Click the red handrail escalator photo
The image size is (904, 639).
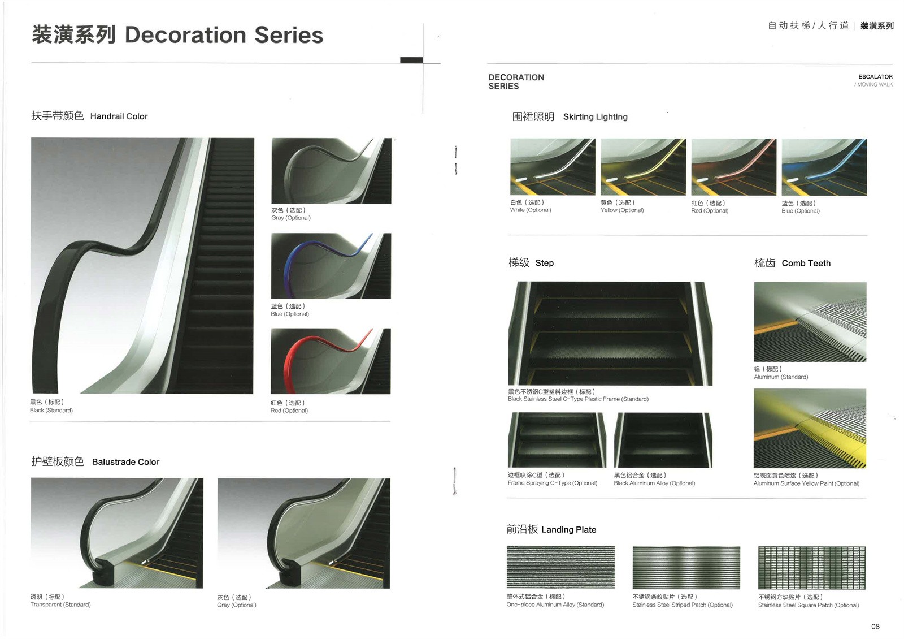point(331,361)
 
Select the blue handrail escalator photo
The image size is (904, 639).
point(331,266)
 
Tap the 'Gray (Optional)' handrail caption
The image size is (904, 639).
point(290,218)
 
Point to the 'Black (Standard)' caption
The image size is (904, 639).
point(51,411)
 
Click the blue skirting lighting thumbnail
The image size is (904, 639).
point(824,167)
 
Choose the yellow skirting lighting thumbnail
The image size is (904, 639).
point(644,167)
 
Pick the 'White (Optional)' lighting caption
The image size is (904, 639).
point(531,210)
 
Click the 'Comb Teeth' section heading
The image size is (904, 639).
point(806,264)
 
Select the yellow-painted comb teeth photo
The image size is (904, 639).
point(810,428)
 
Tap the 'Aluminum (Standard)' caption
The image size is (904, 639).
point(781,377)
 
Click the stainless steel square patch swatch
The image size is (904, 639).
point(812,568)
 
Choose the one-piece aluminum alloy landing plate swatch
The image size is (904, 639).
point(560,567)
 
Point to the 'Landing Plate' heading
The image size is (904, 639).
point(568,529)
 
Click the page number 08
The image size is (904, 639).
point(875,627)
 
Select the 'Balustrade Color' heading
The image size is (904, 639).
point(125,461)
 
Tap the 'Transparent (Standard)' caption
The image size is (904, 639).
point(60,605)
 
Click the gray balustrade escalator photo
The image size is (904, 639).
point(303,533)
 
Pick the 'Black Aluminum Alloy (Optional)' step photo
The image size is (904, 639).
point(663,441)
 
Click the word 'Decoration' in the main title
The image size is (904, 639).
point(185,34)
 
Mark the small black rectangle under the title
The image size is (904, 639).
point(412,60)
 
